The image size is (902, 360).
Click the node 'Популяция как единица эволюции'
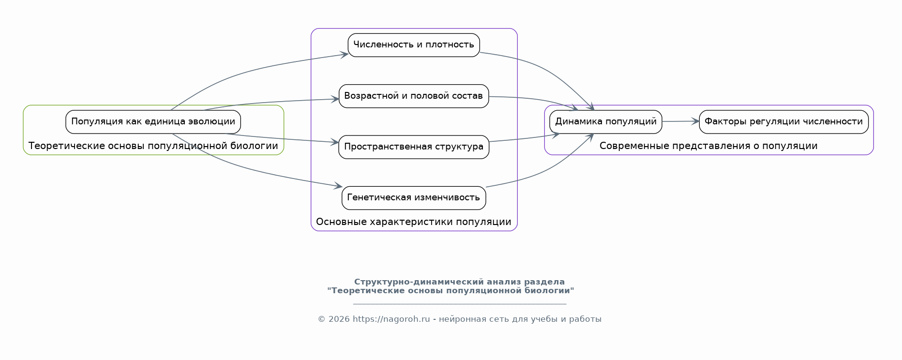[153, 122]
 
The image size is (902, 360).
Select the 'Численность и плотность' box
[414, 45]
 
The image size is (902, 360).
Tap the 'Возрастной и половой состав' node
[414, 96]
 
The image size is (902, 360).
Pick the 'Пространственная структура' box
[414, 147]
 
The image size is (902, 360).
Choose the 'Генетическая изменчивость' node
[414, 198]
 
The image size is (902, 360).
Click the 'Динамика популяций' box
[606, 122]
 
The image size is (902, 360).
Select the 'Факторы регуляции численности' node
[784, 122]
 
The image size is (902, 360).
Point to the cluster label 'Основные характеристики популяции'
[414, 222]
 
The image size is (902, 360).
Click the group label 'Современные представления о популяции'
[708, 146]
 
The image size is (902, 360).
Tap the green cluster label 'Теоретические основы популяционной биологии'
[153, 146]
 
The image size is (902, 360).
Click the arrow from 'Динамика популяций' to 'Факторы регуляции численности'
[680, 121]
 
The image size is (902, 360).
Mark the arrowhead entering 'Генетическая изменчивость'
[338, 186]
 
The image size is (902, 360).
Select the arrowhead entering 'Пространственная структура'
[335, 142]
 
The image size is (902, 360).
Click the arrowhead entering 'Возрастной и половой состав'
[335, 99]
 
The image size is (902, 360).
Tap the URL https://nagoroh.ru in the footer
[391, 319]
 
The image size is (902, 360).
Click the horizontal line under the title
[460, 304]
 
